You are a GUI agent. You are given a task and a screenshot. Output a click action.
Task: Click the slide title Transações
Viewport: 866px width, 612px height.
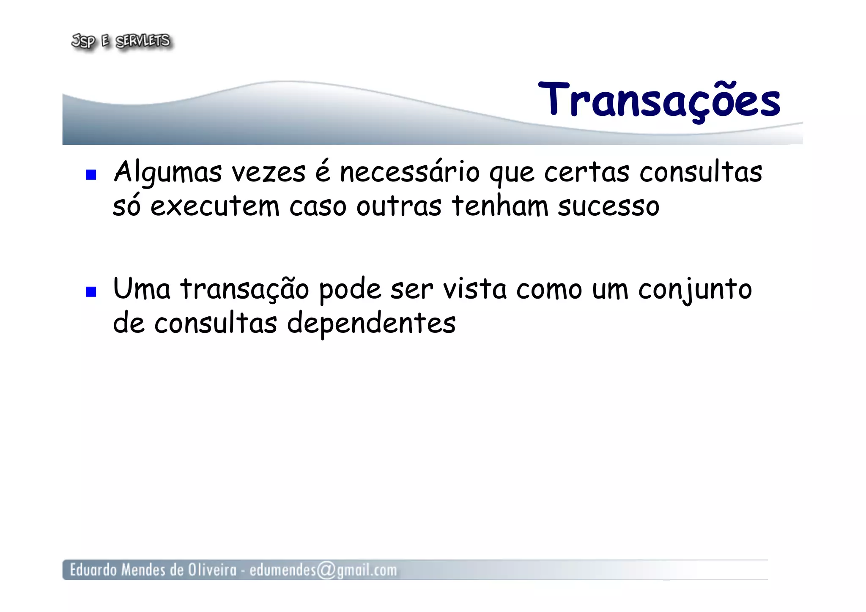click(x=659, y=100)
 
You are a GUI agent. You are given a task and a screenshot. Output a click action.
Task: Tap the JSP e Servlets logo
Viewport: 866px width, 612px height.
click(x=121, y=41)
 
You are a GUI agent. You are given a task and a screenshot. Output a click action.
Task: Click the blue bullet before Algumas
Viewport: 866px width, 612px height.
click(x=91, y=174)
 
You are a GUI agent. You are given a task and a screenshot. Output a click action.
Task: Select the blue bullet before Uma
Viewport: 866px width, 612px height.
click(x=91, y=291)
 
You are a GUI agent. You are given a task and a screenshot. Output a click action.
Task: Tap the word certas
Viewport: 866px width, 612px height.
click(x=586, y=173)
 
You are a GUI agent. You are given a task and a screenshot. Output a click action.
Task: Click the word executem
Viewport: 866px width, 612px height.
click(x=215, y=206)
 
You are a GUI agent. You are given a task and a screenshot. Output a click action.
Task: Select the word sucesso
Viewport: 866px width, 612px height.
click(x=608, y=206)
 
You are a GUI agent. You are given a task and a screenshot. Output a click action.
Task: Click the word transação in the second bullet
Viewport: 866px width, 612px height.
click(x=245, y=290)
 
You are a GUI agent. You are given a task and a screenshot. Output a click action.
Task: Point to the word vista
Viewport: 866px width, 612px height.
click(x=474, y=289)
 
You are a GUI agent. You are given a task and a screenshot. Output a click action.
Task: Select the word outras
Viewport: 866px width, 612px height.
click(x=399, y=206)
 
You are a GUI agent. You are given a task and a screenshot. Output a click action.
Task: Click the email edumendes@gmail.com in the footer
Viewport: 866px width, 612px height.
click(x=323, y=570)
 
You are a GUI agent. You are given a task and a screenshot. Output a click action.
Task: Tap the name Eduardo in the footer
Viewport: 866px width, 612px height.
click(x=93, y=570)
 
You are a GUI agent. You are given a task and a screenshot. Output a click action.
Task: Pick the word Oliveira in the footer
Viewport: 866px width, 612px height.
click(x=212, y=570)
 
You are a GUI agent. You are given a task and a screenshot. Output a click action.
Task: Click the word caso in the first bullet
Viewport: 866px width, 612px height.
click(x=318, y=206)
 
